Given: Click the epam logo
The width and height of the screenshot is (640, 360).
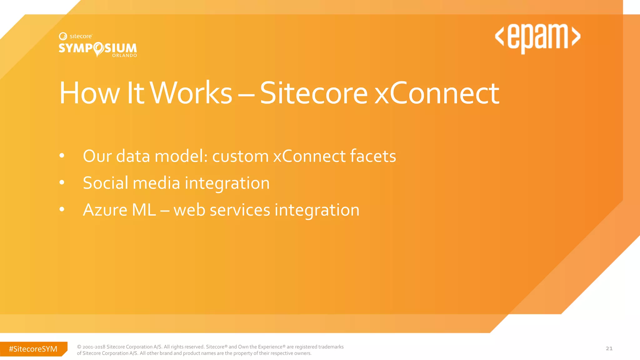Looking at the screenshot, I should (537, 37).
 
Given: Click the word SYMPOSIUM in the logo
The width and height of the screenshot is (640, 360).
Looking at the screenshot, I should (97, 48).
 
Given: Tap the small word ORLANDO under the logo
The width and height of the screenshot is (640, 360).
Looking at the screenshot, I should (124, 56).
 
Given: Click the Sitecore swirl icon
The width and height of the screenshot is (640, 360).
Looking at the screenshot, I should (63, 36).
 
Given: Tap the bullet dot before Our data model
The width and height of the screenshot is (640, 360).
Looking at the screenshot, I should (62, 155).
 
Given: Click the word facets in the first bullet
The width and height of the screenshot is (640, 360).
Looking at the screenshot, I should (373, 156).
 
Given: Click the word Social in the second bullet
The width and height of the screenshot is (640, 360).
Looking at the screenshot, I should (105, 183).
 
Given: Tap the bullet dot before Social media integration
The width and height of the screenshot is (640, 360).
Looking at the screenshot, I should (62, 182).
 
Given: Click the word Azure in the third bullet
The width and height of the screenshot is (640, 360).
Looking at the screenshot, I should (105, 210).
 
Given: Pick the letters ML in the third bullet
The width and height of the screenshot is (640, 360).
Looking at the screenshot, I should (144, 210).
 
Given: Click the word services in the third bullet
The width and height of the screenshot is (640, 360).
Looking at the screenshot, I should (240, 210).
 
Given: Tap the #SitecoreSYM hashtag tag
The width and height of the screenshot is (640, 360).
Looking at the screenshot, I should (33, 349).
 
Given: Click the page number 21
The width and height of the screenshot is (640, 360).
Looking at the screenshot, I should (609, 348).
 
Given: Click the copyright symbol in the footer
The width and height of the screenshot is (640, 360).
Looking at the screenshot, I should (79, 347).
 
